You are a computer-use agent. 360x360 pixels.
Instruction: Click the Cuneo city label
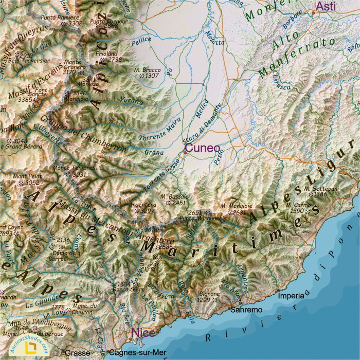(x=202, y=149)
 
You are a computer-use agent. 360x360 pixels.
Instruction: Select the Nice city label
(x=143, y=333)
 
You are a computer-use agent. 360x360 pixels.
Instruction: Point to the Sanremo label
(x=246, y=310)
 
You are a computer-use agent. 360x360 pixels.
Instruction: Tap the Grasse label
(x=77, y=353)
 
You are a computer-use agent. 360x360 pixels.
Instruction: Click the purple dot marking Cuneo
(x=185, y=152)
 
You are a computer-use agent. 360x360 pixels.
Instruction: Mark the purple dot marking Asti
(x=313, y=12)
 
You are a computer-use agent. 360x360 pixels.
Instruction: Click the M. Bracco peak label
(x=147, y=69)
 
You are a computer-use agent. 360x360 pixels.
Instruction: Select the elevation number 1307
(x=152, y=76)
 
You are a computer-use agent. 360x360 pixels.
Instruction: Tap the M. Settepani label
(x=321, y=189)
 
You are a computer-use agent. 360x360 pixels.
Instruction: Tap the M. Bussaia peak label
(x=174, y=196)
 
